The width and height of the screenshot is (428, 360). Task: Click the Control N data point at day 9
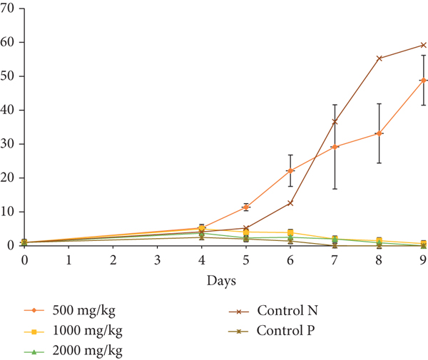tap(423, 45)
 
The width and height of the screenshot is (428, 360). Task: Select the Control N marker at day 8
tap(379, 58)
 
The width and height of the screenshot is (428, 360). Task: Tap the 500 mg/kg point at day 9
tap(423, 81)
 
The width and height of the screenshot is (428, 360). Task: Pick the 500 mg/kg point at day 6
tap(290, 170)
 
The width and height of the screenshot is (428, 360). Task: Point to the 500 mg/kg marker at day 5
tap(246, 207)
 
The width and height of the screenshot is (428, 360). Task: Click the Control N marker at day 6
tap(290, 203)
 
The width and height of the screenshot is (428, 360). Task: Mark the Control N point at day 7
tap(335, 122)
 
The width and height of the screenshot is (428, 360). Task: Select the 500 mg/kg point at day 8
tap(379, 133)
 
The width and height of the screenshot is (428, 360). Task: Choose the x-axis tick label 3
tap(158, 261)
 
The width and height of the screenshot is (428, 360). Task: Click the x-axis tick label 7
tap(335, 261)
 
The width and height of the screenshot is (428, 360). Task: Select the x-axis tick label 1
tap(69, 261)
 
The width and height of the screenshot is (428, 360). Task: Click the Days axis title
tap(223, 281)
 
